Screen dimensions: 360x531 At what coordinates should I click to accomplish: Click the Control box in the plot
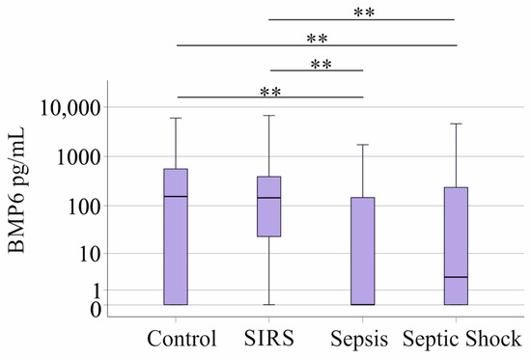coord(175,236)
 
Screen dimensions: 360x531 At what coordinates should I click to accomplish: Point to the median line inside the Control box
coord(175,197)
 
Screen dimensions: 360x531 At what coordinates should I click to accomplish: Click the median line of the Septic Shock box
coord(455,277)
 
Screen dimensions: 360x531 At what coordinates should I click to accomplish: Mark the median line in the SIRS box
coord(268,198)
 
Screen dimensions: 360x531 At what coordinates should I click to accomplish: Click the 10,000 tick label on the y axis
coord(74,108)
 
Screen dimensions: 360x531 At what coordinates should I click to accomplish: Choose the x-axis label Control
coord(182,339)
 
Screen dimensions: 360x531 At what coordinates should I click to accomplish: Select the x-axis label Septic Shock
coord(461,339)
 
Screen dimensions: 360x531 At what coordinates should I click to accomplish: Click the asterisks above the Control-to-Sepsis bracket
coord(271,92)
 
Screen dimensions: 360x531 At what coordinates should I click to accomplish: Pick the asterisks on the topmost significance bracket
coord(363,14)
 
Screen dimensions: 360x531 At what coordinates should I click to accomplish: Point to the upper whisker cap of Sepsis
coord(362,145)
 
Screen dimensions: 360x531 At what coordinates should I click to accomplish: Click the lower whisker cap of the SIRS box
coord(268,304)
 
